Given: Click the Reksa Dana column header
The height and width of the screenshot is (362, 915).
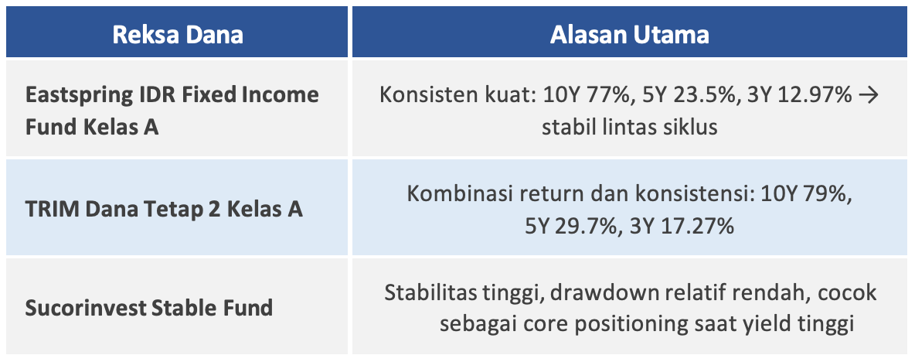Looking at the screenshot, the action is pos(178,35).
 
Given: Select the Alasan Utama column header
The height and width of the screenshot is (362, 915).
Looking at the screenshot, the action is pos(630,35).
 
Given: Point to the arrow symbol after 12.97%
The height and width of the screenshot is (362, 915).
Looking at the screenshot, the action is pos(869,95).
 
